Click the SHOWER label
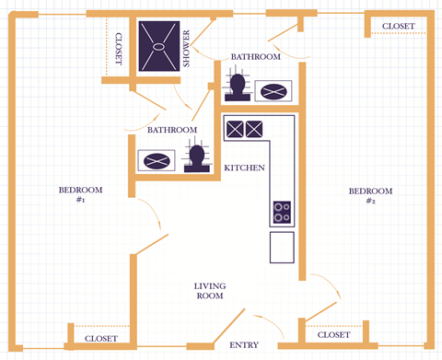(186, 48)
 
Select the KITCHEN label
(245, 168)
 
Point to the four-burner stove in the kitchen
(282, 213)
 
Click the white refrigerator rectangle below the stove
(282, 247)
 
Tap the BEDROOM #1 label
(80, 195)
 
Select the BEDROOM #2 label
(370, 195)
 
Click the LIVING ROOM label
(210, 291)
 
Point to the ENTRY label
(244, 345)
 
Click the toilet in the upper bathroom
(239, 87)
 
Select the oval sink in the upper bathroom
(274, 91)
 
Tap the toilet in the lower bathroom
(195, 158)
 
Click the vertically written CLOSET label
(118, 49)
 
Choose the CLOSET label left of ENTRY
(100, 340)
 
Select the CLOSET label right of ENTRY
(333, 335)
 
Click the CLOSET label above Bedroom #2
(398, 26)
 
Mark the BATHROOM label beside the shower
(255, 57)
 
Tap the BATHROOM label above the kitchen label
(172, 131)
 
